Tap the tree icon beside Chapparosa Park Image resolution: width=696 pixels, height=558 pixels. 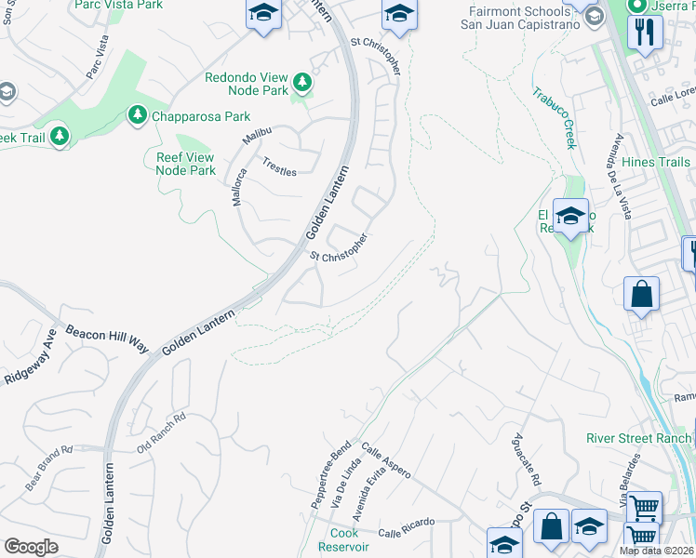tap(137, 115)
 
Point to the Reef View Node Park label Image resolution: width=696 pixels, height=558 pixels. tap(185, 164)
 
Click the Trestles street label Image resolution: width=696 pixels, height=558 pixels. tap(278, 166)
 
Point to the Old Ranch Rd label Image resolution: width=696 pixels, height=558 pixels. tap(162, 432)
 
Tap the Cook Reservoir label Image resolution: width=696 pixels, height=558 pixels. tap(344, 540)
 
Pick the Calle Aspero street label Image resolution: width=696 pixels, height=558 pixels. tap(386, 461)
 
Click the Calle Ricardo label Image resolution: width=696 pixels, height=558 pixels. tap(406, 527)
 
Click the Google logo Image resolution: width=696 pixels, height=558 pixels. tap(32, 547)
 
